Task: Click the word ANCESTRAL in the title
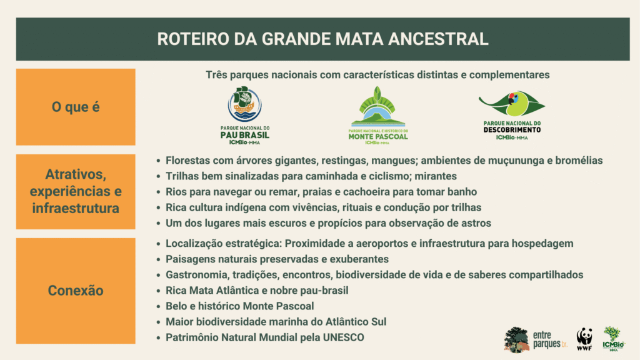click(x=438, y=39)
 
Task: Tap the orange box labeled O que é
click(x=76, y=107)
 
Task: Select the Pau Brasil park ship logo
click(x=244, y=104)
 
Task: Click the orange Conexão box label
click(x=76, y=291)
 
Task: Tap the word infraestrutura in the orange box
click(x=76, y=208)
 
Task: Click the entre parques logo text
click(x=549, y=339)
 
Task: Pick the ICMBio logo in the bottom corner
click(x=614, y=339)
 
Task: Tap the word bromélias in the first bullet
click(x=579, y=161)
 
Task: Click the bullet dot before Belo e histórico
click(x=158, y=306)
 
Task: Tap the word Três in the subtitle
click(x=216, y=75)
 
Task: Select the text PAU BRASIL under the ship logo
click(x=245, y=135)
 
